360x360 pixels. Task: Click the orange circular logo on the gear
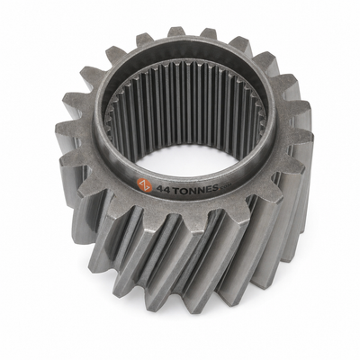(x=145, y=186)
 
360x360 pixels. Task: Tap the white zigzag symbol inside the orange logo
(x=145, y=186)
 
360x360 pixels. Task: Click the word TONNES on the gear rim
(x=195, y=189)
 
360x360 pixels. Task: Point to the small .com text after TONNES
(x=225, y=187)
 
